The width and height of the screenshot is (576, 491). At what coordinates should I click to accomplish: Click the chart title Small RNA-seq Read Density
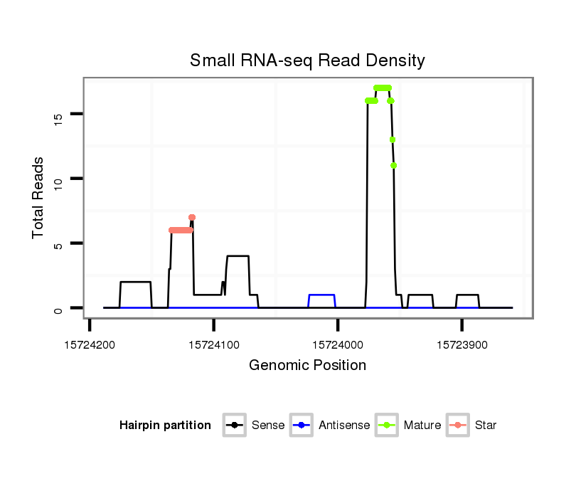(307, 60)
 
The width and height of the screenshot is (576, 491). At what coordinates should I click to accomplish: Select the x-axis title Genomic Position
(307, 366)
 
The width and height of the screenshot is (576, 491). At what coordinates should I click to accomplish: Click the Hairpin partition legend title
(165, 426)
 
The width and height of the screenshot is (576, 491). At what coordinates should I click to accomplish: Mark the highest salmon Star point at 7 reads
(192, 217)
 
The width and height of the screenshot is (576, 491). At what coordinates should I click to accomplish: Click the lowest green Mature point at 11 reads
(393, 166)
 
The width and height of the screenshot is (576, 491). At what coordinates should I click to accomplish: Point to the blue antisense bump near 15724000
(322, 295)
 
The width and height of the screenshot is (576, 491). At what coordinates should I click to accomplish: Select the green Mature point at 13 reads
(393, 139)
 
